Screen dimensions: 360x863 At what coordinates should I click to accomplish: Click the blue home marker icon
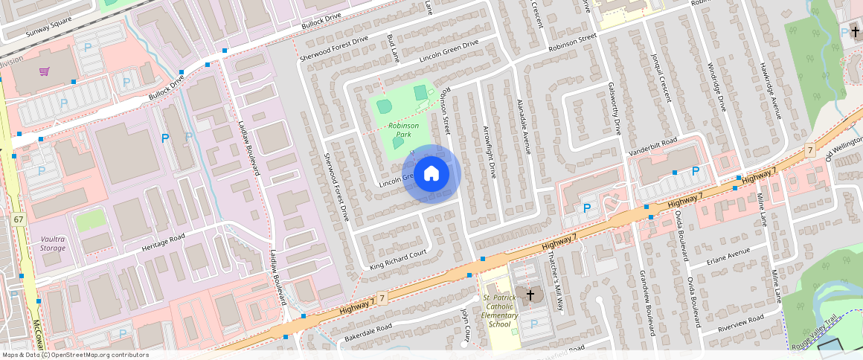(x=431, y=174)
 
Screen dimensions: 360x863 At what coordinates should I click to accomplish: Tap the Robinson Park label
(x=404, y=130)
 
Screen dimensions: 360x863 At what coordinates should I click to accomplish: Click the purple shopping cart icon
(x=45, y=71)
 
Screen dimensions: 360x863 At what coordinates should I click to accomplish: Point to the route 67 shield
(x=19, y=219)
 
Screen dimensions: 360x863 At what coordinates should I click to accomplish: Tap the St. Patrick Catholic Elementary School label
(x=499, y=311)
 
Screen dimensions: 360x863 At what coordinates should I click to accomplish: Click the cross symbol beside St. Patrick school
(x=530, y=296)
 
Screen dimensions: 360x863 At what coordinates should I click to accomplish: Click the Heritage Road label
(x=163, y=242)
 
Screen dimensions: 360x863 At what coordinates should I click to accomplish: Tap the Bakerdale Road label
(x=368, y=333)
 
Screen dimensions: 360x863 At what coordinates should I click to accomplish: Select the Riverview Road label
(x=741, y=324)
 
